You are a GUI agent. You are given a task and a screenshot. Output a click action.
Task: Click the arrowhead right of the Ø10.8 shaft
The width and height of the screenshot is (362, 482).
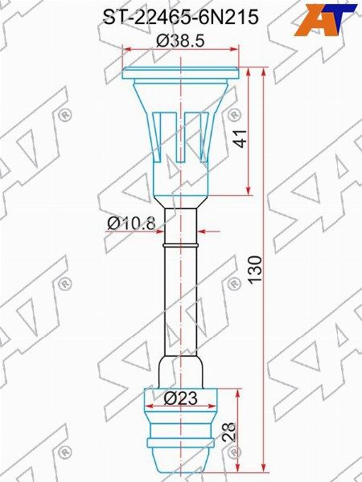click(204, 231)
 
